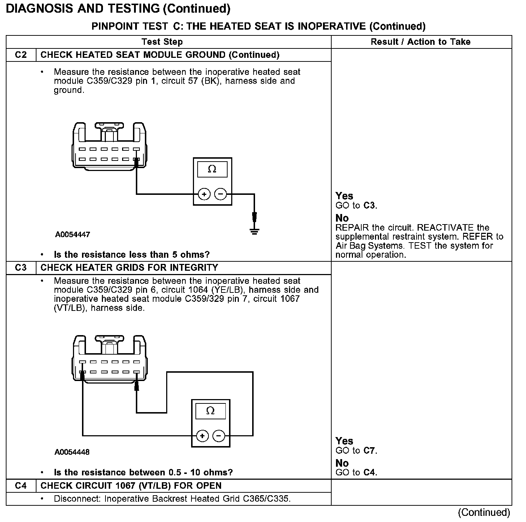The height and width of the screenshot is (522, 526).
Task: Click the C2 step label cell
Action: pos(21,55)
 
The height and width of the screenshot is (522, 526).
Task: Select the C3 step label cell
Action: pos(21,268)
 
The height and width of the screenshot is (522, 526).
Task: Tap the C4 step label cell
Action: pos(21,485)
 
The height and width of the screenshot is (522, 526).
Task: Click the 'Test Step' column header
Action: pos(162,42)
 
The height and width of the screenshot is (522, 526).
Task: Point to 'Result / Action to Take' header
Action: pos(421,42)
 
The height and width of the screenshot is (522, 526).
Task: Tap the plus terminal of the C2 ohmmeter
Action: pos(204,194)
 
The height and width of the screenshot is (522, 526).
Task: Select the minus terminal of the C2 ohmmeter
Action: pos(220,194)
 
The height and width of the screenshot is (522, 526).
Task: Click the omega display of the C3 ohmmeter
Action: pos(211,411)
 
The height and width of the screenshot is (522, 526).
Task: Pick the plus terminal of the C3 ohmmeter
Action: pos(202,436)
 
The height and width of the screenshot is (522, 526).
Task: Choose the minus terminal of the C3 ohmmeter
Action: pos(219,436)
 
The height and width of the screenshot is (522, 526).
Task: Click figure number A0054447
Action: pos(73,235)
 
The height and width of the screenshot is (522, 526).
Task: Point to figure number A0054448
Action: pos(72,452)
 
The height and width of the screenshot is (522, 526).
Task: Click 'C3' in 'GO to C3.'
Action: pos(369,206)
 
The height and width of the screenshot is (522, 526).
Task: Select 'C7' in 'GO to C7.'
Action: pos(369,451)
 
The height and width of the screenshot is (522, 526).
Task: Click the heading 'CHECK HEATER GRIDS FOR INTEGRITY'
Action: pos(129,268)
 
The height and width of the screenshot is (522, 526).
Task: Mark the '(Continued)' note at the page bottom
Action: pos(484,512)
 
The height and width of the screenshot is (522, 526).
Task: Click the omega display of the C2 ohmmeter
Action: pos(212,169)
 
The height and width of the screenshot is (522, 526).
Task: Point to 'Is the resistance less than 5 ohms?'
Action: pos(131,254)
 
